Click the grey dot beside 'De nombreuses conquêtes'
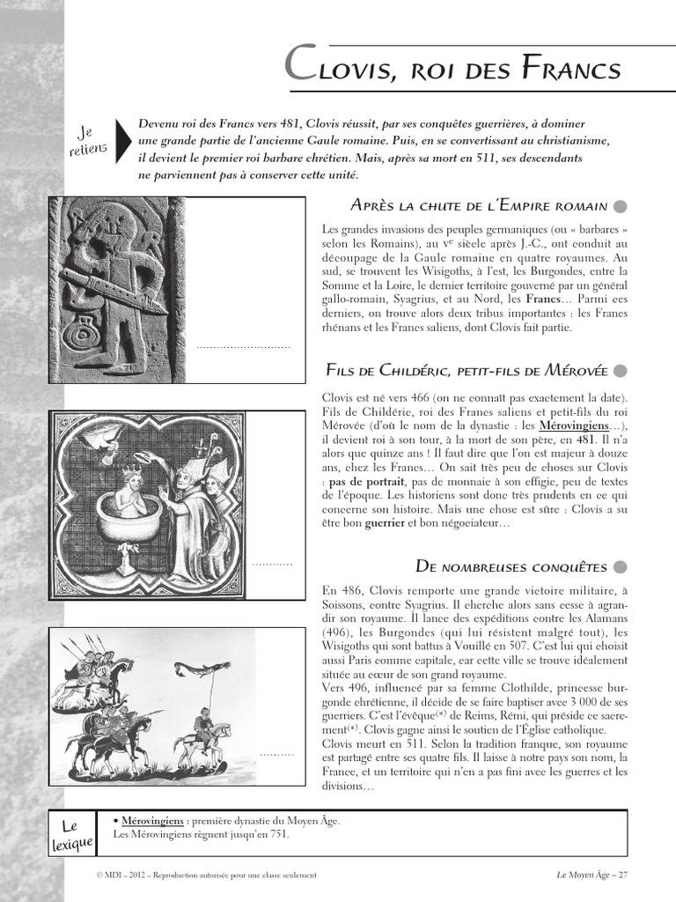click(620, 566)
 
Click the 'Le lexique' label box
click(71, 835)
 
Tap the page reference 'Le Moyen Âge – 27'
click(591, 875)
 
